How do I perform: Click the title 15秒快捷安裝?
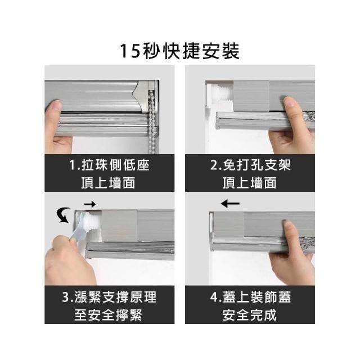179,51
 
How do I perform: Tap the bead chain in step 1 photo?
152,119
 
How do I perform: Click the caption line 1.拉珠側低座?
109,165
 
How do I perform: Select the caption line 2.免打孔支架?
250,165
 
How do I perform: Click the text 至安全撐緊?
109,315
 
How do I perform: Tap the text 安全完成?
250,315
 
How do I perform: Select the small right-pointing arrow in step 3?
90,204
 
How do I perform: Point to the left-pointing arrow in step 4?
230,204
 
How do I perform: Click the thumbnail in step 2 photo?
290,102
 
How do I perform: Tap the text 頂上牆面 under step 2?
250,183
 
